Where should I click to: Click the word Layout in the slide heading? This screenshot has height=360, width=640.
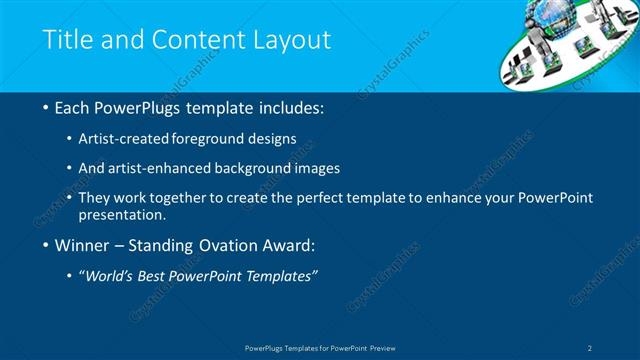point(295,40)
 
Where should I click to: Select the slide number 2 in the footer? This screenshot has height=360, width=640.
point(591,347)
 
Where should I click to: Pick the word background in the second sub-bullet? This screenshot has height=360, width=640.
point(266,168)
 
